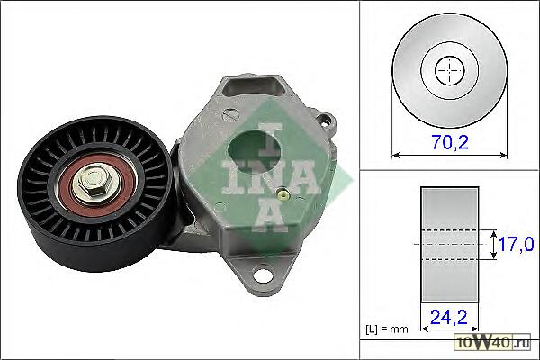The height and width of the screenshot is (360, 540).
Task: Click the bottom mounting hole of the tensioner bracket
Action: tap(264, 274)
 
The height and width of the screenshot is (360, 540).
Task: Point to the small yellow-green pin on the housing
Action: tap(283, 195)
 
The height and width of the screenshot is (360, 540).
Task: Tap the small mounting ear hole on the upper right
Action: tap(326, 121)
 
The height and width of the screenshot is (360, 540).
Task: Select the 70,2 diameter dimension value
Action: tap(451, 142)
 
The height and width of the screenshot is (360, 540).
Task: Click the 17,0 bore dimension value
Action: tap(516, 244)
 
